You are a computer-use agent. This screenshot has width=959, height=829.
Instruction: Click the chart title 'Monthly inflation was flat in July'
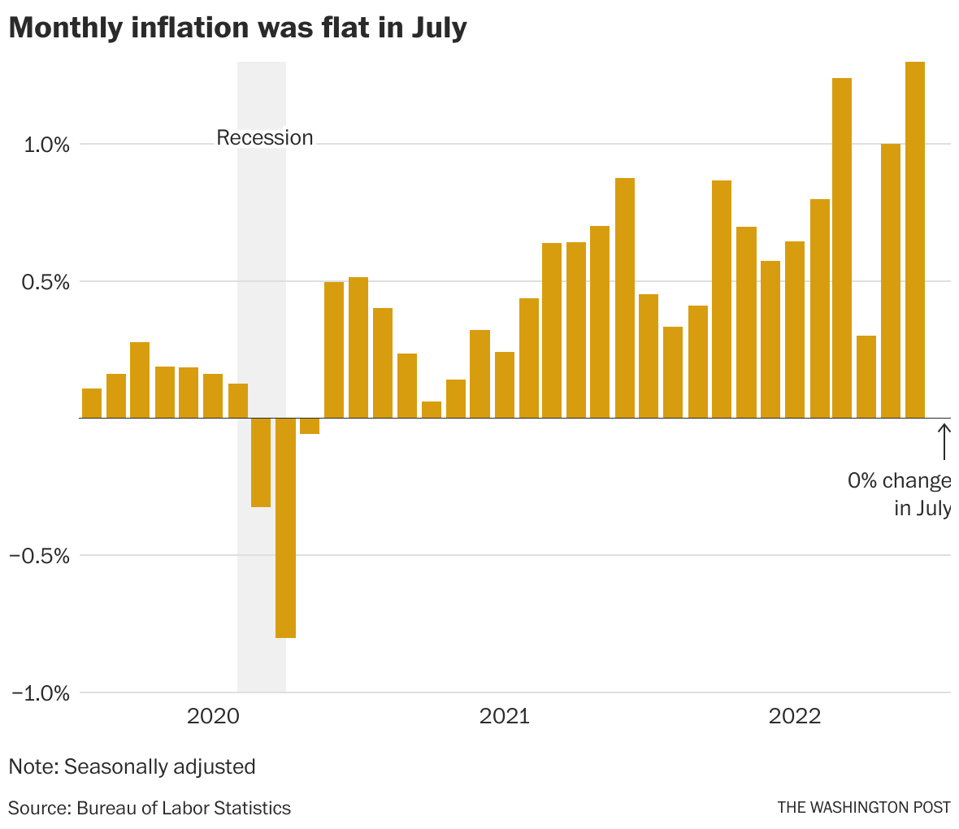(237, 28)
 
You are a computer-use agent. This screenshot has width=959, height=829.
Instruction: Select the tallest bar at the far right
(914, 240)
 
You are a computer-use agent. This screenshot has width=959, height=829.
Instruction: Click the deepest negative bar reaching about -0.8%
(285, 528)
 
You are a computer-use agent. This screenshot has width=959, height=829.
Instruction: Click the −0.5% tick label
(40, 556)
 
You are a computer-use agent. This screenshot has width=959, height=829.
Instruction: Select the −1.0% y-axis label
(40, 693)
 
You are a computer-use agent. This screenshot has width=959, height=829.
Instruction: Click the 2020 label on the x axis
(213, 716)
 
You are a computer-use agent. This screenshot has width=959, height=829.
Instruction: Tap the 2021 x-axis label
(504, 716)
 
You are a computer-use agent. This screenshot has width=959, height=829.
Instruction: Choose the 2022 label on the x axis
(795, 716)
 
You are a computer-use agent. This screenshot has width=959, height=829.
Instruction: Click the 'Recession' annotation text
(264, 138)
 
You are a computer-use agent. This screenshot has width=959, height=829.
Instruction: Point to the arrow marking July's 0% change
(944, 441)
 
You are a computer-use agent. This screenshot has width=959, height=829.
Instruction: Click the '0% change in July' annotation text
(899, 494)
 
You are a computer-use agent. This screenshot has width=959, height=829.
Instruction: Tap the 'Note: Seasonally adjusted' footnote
(132, 766)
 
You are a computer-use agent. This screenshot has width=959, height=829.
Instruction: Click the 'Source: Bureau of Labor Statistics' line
(150, 808)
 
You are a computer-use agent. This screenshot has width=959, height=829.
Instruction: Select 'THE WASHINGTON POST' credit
(863, 808)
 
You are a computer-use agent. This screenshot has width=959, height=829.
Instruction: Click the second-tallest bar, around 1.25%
(842, 248)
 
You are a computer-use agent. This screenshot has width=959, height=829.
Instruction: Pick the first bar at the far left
(92, 403)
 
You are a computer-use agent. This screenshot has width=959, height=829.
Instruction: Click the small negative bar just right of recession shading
(310, 427)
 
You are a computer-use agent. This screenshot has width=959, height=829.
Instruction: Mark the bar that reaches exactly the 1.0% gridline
(891, 281)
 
